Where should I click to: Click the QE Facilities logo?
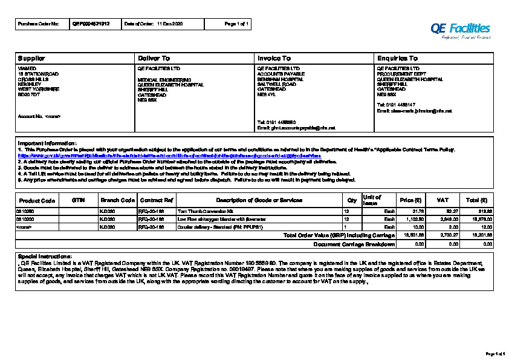point(460,29)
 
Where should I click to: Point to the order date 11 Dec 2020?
point(170,24)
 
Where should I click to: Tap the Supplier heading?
point(31,58)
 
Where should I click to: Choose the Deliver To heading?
point(154,58)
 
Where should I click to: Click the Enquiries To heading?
point(397,58)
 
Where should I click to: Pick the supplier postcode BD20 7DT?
point(29,94)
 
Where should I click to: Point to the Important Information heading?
point(47,143)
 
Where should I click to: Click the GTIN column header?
point(78,200)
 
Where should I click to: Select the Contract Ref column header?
point(156,200)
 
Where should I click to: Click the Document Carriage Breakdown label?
point(354,244)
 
